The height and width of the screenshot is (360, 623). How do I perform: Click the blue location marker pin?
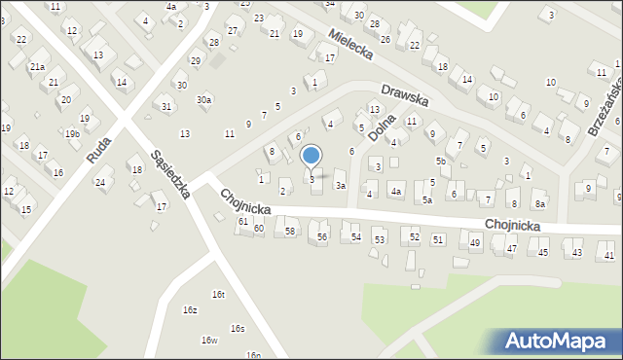click(311, 156)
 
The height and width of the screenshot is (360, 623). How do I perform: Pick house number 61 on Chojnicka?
click(243, 222)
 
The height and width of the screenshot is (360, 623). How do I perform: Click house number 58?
click(290, 231)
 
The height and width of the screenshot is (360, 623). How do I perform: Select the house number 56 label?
click(322, 236)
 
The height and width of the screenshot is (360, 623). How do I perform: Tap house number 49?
click(475, 242)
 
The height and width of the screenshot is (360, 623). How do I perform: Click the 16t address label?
click(218, 294)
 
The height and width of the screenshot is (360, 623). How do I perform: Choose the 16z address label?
click(190, 309)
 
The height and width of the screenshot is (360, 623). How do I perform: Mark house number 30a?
click(203, 99)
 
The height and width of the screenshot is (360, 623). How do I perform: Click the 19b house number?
click(73, 132)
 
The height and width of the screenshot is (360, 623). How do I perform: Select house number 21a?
click(37, 66)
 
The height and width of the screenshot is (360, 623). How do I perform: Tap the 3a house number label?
click(341, 185)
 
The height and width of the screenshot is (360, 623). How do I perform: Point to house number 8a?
click(539, 203)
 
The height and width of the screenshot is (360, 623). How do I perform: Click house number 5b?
click(441, 161)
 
